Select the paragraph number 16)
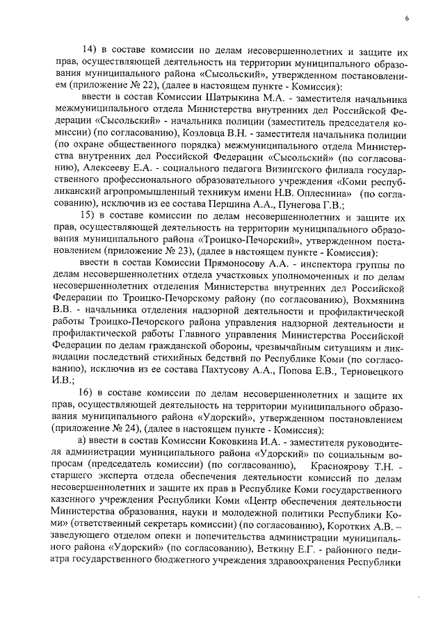[x=92, y=394]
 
